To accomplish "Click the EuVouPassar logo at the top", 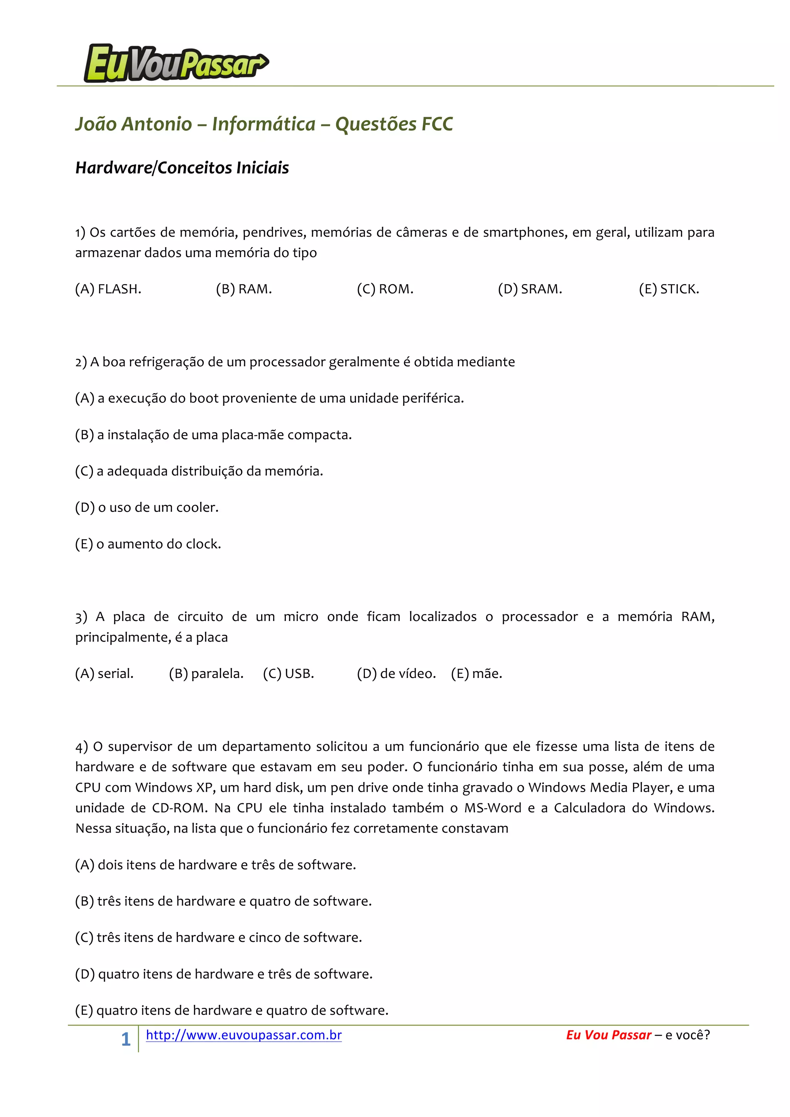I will [x=176, y=64].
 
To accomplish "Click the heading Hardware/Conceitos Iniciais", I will [x=182, y=168].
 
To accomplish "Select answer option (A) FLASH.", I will [x=108, y=289].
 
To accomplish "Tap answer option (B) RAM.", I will [x=244, y=289].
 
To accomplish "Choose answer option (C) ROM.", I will [x=385, y=289].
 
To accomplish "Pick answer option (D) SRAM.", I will [x=530, y=289].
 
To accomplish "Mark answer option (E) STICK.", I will [x=669, y=289].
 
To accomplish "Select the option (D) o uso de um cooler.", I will [x=147, y=507].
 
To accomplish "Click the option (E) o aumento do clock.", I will [x=148, y=544].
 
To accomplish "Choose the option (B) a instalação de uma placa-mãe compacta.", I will [x=213, y=434].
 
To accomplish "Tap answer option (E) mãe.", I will [x=476, y=674].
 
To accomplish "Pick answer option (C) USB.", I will [x=289, y=674].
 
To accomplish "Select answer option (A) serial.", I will [x=104, y=674].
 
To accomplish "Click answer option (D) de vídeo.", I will [x=396, y=674].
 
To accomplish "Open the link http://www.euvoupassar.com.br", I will [x=244, y=1035].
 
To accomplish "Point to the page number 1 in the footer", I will [x=126, y=1039].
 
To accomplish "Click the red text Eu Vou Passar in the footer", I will [x=608, y=1035].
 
